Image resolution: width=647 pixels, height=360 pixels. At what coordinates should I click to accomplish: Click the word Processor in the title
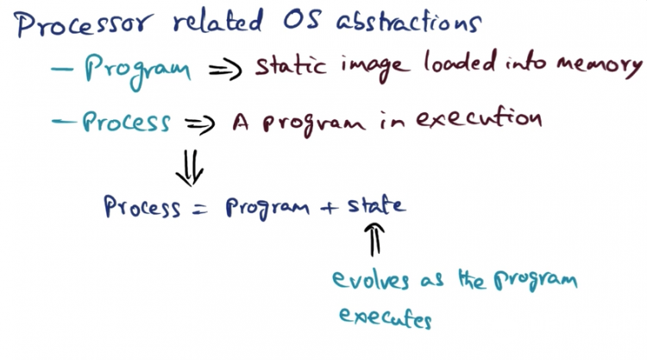(x=84, y=24)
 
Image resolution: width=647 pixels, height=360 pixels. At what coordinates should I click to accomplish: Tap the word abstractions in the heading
(x=409, y=21)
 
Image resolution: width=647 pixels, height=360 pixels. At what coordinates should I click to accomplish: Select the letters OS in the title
(x=302, y=19)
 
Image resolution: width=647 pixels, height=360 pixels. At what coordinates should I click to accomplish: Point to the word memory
(x=600, y=66)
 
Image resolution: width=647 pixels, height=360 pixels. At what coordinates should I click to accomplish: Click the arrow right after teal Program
(x=225, y=69)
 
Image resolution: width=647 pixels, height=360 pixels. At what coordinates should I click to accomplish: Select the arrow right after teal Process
(x=200, y=124)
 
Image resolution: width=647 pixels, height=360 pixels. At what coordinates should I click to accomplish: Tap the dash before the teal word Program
(x=62, y=69)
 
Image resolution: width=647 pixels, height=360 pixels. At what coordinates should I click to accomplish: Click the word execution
(x=479, y=117)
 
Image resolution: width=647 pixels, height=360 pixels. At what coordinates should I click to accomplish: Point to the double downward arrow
(x=190, y=167)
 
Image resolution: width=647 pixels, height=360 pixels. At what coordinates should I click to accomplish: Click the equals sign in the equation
(x=200, y=209)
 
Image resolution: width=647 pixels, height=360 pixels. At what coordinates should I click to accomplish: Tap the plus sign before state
(x=329, y=207)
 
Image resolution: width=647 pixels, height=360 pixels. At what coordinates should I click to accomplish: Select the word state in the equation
(x=376, y=205)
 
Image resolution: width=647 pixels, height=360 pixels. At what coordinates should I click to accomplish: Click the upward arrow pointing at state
(x=374, y=239)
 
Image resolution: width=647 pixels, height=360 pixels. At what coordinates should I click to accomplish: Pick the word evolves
(x=371, y=280)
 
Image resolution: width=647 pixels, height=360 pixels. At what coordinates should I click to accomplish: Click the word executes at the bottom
(x=386, y=317)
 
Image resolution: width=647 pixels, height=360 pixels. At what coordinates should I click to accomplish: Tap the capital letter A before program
(x=241, y=122)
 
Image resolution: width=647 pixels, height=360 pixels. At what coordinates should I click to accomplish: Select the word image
(x=375, y=66)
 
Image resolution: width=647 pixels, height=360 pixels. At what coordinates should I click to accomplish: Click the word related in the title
(x=218, y=21)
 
